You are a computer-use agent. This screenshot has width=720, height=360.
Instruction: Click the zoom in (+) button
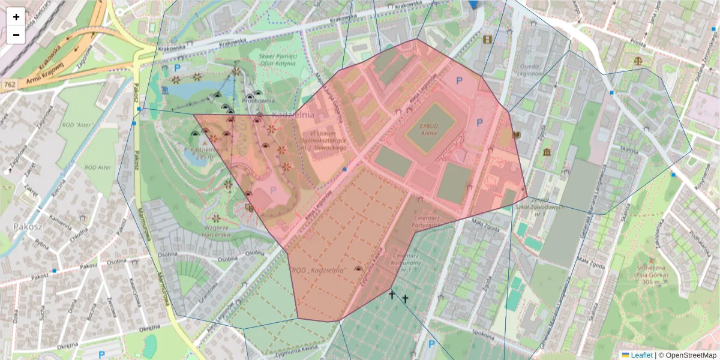(16, 17)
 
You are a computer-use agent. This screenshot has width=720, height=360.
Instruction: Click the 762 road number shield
(9, 85)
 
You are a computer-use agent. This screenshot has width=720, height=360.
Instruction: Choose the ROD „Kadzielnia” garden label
(320, 271)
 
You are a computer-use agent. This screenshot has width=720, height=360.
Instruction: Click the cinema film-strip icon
(487, 40)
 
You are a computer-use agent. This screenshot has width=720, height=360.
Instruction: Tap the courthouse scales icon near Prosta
(637, 61)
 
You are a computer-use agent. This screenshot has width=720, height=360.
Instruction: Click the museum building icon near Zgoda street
(547, 152)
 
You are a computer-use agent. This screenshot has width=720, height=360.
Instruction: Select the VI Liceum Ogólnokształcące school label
(325, 140)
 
